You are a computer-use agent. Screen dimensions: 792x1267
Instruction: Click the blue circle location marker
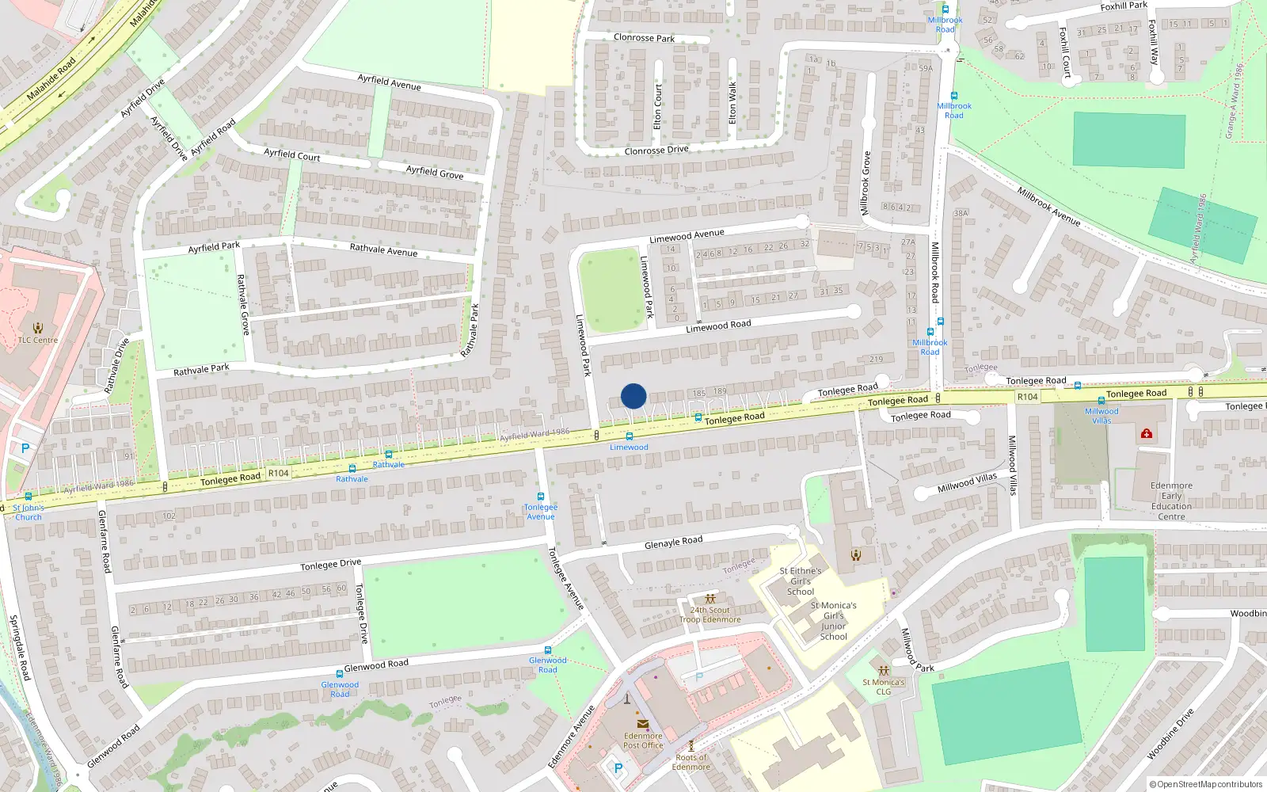click(x=633, y=396)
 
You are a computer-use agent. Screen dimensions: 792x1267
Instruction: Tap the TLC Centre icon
click(x=37, y=327)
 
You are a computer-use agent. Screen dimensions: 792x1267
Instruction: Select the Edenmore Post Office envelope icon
click(x=642, y=724)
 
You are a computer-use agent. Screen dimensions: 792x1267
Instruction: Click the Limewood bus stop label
click(x=629, y=447)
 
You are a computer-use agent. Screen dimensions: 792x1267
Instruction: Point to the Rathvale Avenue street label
click(x=383, y=250)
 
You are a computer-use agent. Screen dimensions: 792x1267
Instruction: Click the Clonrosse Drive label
click(x=656, y=150)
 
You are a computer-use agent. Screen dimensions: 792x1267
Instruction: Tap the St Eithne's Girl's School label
click(x=800, y=581)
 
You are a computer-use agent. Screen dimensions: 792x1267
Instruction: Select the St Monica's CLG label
click(x=883, y=687)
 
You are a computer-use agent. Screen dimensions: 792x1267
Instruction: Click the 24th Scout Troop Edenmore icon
click(x=710, y=599)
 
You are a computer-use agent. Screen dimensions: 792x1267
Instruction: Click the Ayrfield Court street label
click(x=291, y=155)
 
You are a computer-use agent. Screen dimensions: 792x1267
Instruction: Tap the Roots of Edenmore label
click(x=691, y=762)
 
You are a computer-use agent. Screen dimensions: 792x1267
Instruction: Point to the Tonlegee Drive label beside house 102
click(x=330, y=565)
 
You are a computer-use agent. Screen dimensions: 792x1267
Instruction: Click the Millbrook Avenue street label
click(x=1048, y=207)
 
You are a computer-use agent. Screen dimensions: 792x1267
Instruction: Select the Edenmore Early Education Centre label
click(x=1171, y=501)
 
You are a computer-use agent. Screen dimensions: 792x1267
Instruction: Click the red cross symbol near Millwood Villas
click(x=1146, y=433)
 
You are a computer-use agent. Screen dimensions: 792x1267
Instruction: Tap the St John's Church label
click(x=29, y=512)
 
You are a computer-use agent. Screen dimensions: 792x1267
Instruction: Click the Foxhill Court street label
click(x=1065, y=52)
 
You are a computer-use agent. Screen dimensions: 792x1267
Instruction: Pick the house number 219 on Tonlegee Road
click(x=876, y=360)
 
